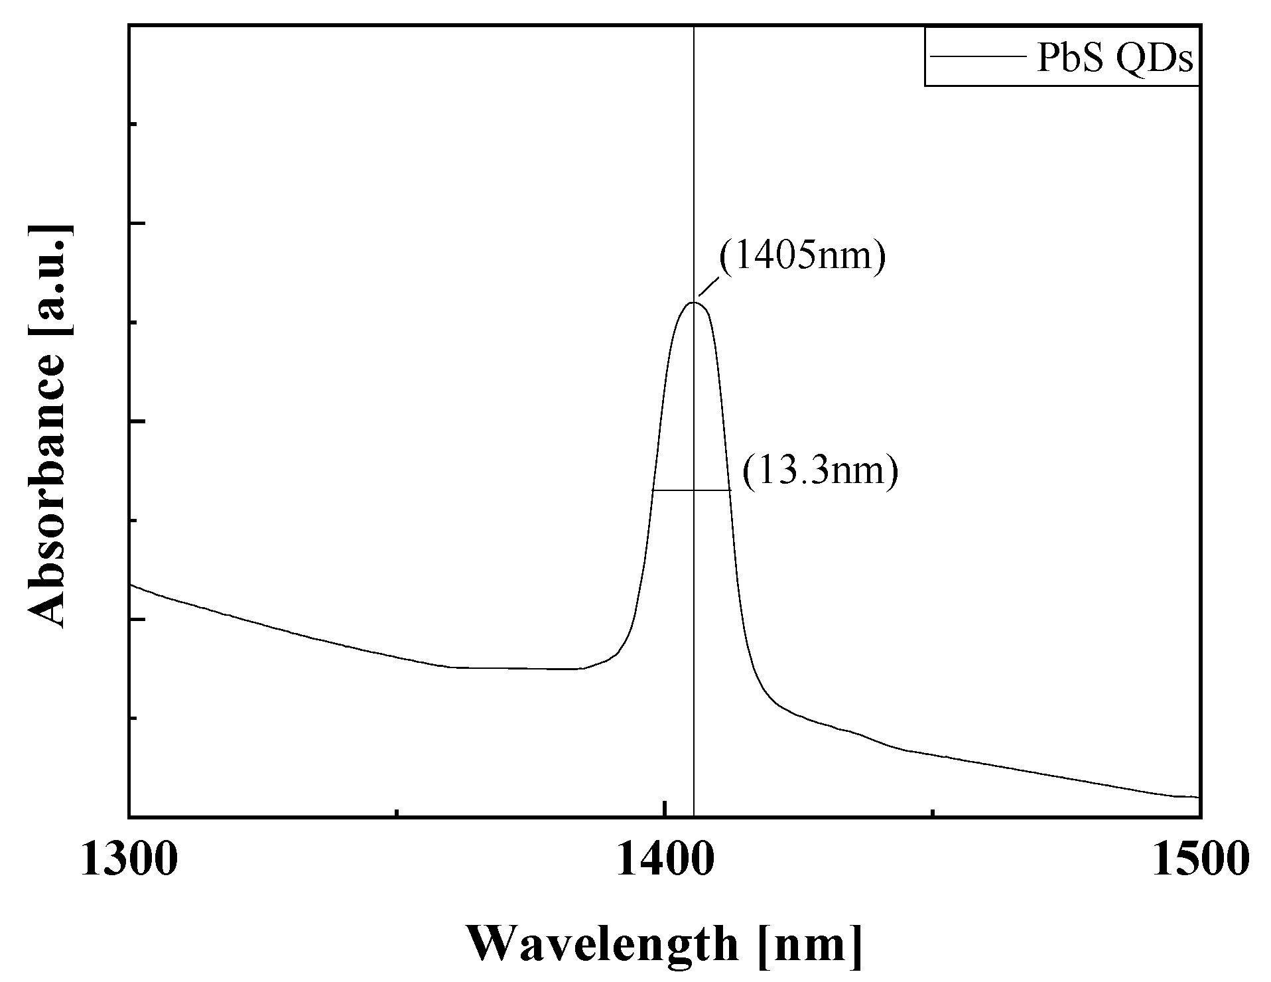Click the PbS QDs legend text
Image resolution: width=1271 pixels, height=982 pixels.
tap(1114, 60)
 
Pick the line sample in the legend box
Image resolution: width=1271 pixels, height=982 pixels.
tap(975, 58)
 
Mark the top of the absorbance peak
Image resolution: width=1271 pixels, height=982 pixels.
tap(694, 303)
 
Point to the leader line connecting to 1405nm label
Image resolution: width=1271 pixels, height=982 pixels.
tap(708, 287)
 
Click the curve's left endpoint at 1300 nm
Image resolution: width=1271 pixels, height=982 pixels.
tap(130, 585)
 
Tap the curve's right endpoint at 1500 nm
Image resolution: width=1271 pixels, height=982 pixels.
tap(1199, 797)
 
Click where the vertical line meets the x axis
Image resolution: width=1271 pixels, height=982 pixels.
tap(694, 816)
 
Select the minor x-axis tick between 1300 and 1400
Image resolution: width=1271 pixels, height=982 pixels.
tap(397, 813)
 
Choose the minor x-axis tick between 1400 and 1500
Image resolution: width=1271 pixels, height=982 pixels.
tap(933, 813)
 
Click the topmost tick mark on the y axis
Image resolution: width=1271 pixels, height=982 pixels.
tap(133, 124)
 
